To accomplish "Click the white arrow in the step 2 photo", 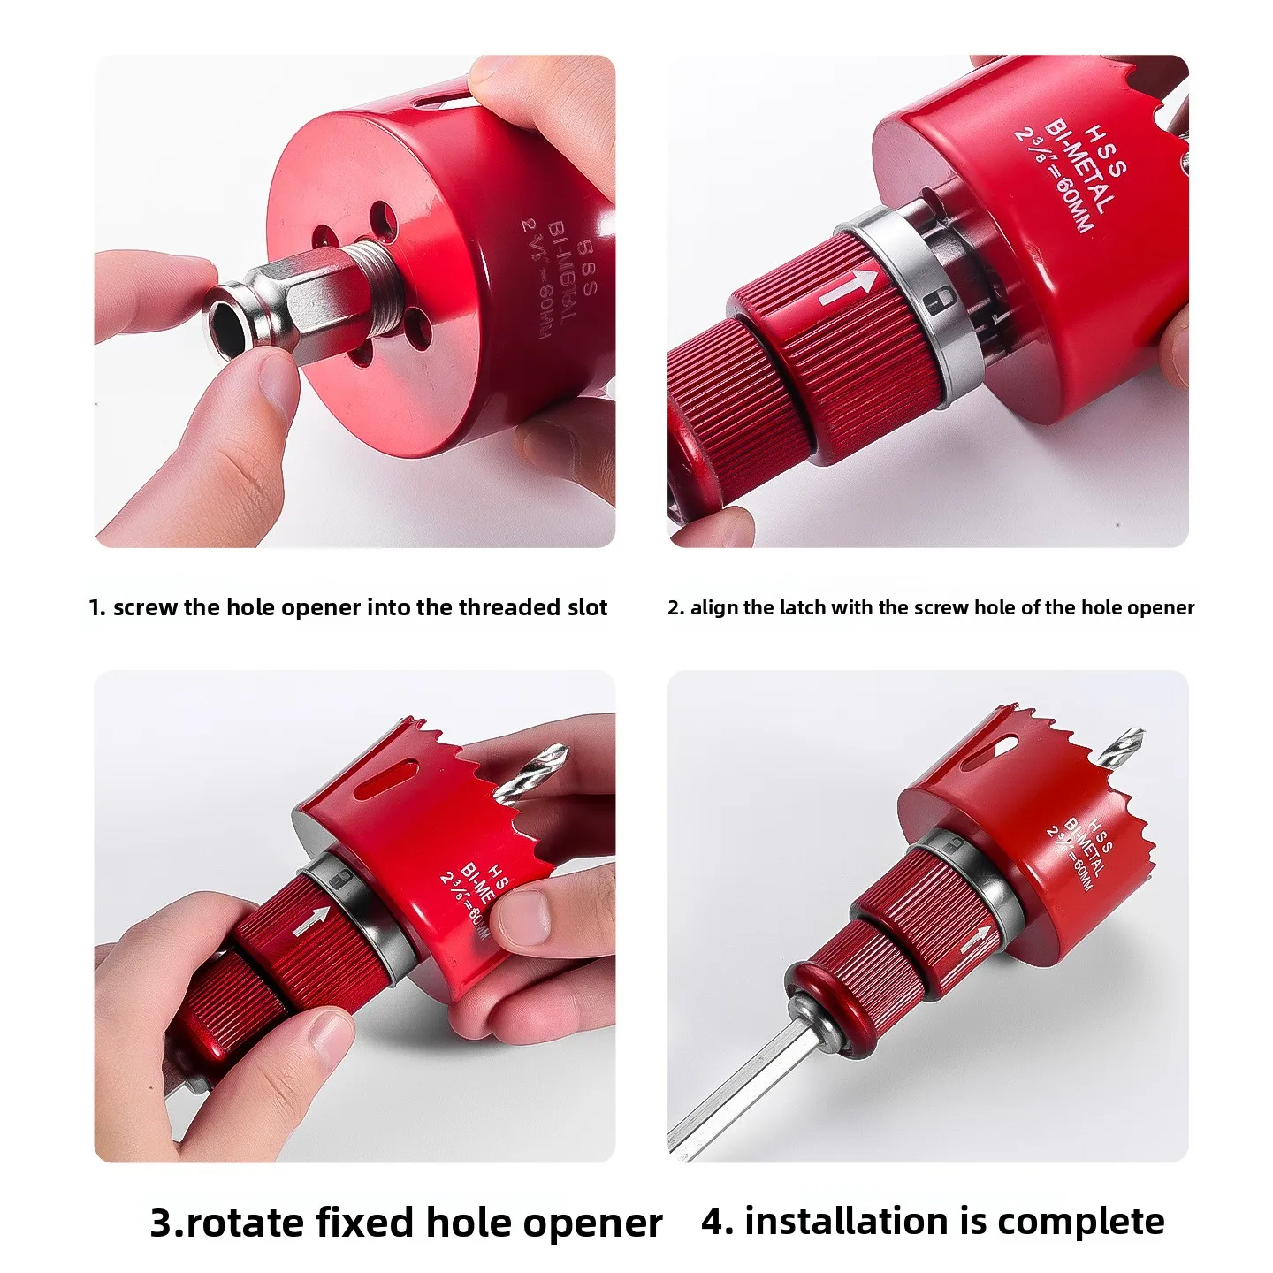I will [x=849, y=288].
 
